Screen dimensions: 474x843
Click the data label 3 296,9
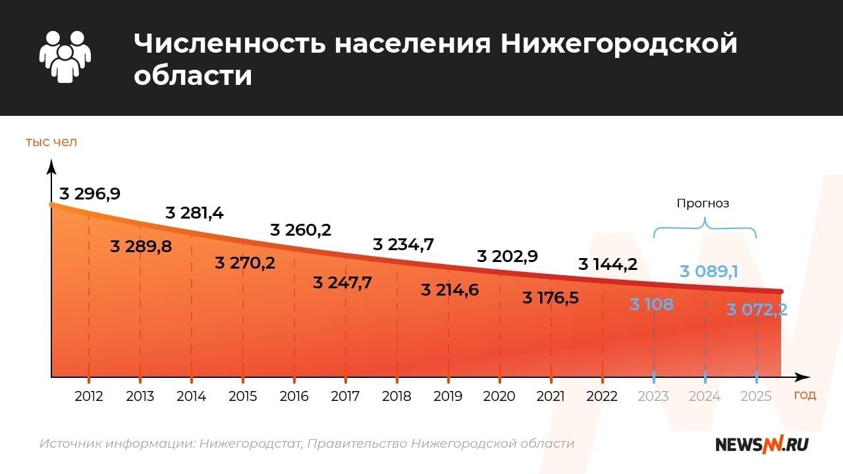pos(90,194)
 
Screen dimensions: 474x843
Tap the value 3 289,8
pos(141,247)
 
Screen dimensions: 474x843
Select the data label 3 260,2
pos(301,230)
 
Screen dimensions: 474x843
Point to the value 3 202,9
pos(507,256)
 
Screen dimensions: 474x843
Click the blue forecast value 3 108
pos(651,305)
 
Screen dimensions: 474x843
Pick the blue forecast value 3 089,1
pos(708,271)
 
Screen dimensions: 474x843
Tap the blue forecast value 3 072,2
pos(757,309)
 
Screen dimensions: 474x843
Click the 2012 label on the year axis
pos(88,396)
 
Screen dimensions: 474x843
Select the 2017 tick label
pos(345,396)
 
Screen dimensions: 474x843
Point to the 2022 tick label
pos(602,396)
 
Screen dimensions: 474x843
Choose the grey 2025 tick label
pos(756,396)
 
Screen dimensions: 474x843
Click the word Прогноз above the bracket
pos(703,203)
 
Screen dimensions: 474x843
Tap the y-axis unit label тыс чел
pos(51,142)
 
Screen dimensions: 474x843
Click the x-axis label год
pos(805,395)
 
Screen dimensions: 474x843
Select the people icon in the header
pos(65,57)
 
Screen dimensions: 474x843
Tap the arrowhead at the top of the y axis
pos(51,165)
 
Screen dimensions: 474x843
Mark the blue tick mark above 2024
pos(705,377)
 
